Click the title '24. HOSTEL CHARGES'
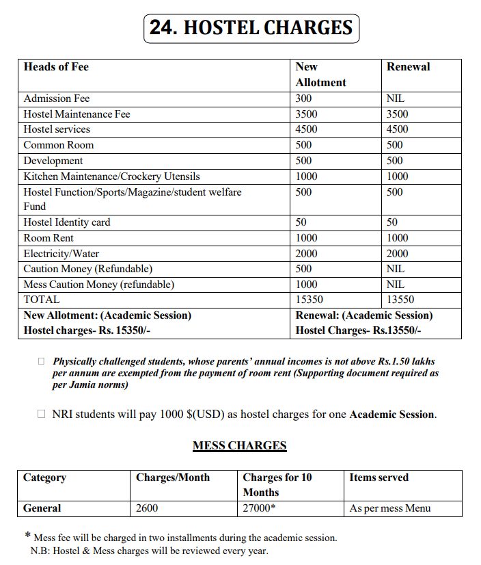[251, 28]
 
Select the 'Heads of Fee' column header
[56, 67]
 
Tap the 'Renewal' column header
[408, 67]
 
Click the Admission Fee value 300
[303, 98]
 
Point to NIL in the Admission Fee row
[396, 98]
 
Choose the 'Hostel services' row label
[57, 129]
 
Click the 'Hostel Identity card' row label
[66, 222]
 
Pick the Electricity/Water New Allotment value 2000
[306, 254]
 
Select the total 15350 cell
[309, 300]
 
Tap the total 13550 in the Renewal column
[400, 300]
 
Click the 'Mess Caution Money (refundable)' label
[98, 285]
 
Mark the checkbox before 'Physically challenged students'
[42, 361]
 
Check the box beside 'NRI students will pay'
[42, 415]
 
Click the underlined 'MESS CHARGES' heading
[239, 446]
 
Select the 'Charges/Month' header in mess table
[173, 477]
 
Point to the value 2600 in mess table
[148, 508]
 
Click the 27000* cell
[260, 508]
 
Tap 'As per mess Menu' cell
[390, 508]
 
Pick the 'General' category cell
[42, 508]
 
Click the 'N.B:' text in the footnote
[40, 551]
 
